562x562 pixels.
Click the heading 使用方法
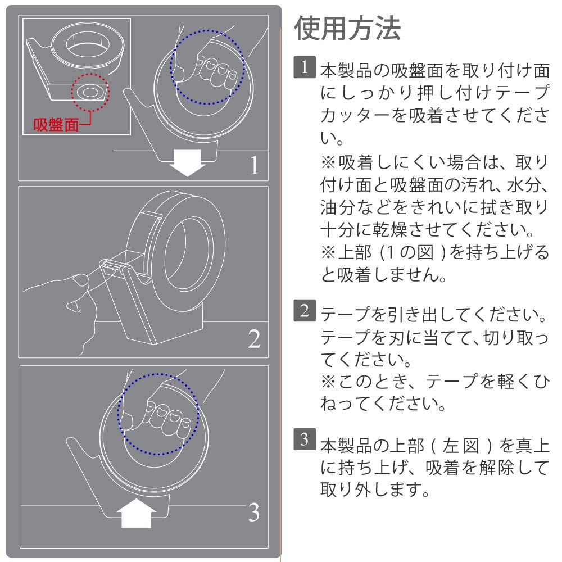347,28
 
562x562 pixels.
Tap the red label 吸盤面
56,125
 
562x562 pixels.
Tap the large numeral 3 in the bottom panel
254,512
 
